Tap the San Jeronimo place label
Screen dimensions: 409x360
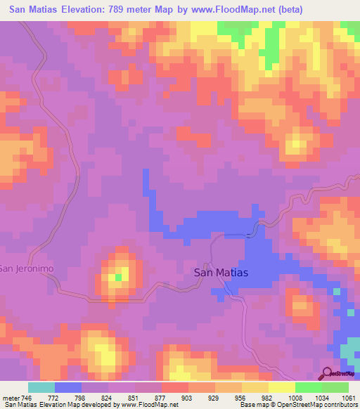(27, 268)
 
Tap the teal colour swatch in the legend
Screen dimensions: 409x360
(41, 387)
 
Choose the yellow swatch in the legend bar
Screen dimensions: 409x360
(282, 387)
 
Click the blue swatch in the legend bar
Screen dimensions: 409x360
(68, 387)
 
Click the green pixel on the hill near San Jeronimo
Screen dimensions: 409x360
(119, 277)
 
